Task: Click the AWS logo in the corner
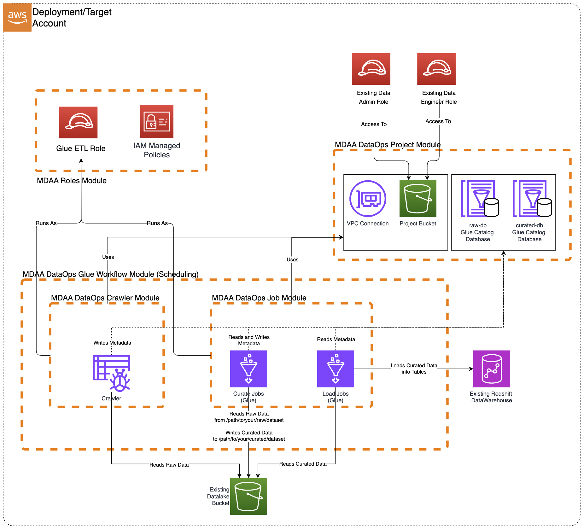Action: click(17, 17)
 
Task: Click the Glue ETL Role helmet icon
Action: click(78, 122)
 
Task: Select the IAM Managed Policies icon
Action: click(157, 121)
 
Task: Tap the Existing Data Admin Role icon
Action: click(371, 69)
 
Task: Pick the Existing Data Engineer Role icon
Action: click(436, 69)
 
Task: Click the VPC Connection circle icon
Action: click(368, 199)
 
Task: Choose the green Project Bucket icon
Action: click(418, 199)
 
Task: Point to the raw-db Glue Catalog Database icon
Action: click(479, 199)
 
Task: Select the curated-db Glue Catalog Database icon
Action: click(532, 199)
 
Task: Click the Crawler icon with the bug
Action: click(112, 373)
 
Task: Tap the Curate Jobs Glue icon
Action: click(248, 369)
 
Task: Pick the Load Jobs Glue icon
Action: click(336, 369)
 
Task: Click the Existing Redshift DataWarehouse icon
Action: click(492, 369)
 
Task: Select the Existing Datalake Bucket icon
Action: click(248, 497)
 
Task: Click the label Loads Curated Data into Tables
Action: click(414, 369)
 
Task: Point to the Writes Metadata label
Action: click(112, 343)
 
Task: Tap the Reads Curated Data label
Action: click(303, 464)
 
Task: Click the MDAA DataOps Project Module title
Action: click(388, 145)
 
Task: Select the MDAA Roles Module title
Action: click(72, 181)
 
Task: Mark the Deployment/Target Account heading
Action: click(72, 17)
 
